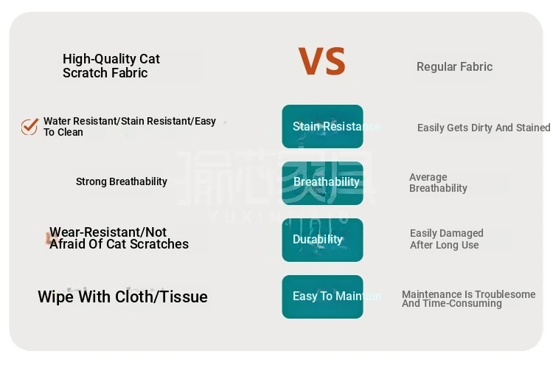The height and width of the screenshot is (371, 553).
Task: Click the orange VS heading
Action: click(322, 61)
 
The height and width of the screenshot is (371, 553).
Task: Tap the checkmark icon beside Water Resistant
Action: click(29, 127)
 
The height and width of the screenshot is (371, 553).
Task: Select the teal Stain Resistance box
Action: click(322, 126)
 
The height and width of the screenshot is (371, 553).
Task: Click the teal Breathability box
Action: click(322, 183)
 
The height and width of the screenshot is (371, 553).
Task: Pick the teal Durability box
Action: click(322, 240)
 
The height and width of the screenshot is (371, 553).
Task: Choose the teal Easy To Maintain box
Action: click(322, 297)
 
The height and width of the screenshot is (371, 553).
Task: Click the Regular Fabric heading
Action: click(454, 66)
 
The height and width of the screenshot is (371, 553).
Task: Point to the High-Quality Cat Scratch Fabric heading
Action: click(111, 66)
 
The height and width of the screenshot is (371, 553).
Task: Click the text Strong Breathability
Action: click(122, 181)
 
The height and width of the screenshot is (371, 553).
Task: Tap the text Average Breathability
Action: click(438, 183)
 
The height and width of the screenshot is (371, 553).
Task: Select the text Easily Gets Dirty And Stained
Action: click(484, 128)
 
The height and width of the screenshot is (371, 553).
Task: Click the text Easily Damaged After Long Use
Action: click(447, 239)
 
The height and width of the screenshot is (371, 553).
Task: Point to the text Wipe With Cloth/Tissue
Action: click(122, 297)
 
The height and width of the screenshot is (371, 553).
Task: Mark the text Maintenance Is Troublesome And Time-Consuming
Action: click(469, 299)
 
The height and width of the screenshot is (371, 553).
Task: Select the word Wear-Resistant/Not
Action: click(108, 232)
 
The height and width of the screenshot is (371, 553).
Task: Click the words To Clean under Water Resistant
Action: click(63, 132)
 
